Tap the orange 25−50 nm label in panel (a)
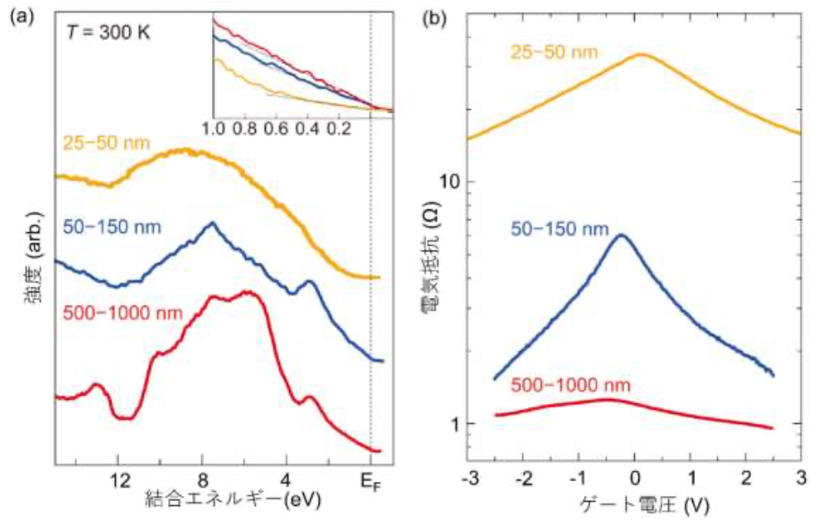(x=106, y=143)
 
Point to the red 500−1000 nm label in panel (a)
(x=121, y=313)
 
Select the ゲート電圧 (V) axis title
(x=634, y=503)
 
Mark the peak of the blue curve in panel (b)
(x=621, y=235)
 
